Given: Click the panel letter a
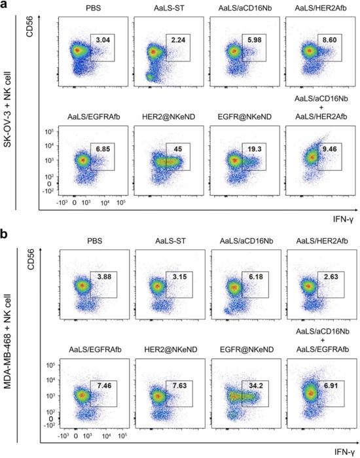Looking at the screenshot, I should click(5, 6).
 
